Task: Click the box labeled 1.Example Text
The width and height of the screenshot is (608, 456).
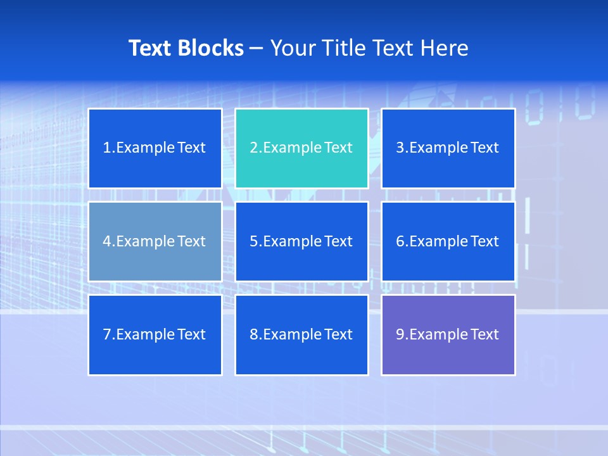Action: [x=155, y=148]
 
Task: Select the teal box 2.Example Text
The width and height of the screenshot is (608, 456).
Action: [x=301, y=148]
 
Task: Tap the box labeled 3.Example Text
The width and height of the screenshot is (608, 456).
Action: [x=448, y=148]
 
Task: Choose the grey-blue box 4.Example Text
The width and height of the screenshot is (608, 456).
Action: [x=155, y=241]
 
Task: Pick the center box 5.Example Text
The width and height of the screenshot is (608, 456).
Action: [x=301, y=241]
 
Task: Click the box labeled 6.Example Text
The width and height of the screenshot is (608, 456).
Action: [x=448, y=241]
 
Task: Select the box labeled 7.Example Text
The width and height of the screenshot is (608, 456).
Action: [x=155, y=334]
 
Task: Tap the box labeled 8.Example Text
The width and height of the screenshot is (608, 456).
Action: [x=301, y=334]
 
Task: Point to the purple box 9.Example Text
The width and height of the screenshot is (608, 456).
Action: [x=448, y=334]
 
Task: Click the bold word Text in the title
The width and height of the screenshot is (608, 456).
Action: [x=150, y=48]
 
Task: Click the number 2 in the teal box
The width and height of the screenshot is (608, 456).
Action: [x=253, y=148]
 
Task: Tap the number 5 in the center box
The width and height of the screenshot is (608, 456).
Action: [x=253, y=241]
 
